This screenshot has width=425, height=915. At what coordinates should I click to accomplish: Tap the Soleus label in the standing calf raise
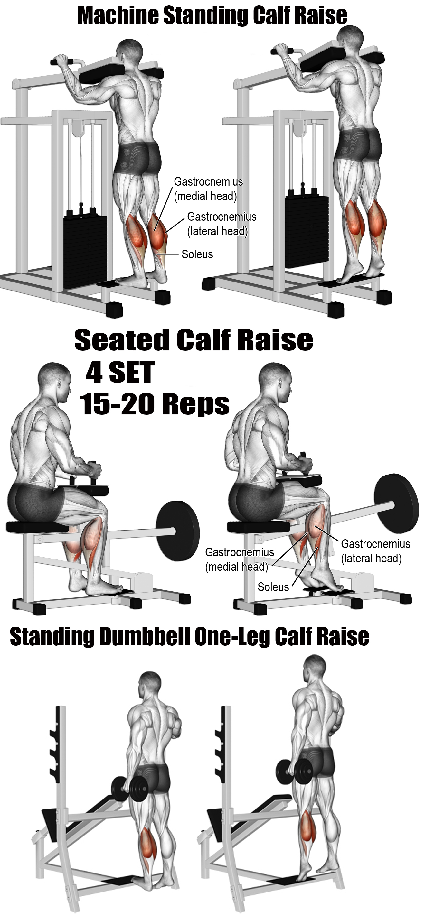[197, 254]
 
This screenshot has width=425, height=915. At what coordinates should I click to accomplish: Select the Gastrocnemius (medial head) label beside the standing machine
[208, 189]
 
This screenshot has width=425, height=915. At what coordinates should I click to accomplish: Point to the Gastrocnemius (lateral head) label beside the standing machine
[222, 224]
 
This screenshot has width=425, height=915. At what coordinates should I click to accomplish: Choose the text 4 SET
[120, 372]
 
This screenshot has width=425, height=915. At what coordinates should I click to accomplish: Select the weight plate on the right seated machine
[394, 503]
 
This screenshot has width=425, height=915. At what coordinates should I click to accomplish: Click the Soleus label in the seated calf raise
[273, 587]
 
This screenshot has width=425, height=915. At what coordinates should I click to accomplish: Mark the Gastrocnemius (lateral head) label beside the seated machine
[375, 551]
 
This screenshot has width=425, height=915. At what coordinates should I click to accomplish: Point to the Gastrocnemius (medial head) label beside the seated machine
[240, 559]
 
